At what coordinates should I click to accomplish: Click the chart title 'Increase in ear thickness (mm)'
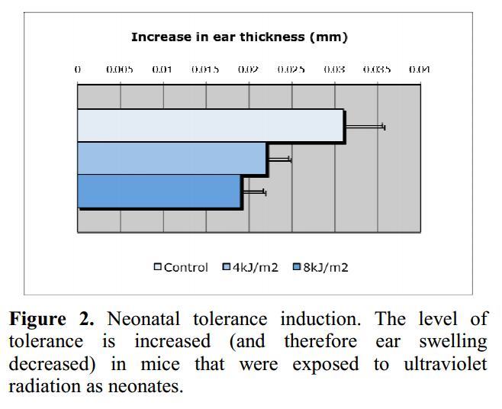pyautogui.click(x=239, y=37)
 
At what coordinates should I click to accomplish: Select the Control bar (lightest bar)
pyautogui.click(x=211, y=126)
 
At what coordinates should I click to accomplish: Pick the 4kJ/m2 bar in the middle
pyautogui.click(x=172, y=159)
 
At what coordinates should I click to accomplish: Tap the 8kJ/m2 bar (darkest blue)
pyautogui.click(x=159, y=191)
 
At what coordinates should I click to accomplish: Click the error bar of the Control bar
pyautogui.click(x=365, y=127)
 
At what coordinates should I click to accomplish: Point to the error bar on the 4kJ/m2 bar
pyautogui.click(x=279, y=159)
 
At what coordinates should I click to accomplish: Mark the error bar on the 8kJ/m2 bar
pyautogui.click(x=254, y=192)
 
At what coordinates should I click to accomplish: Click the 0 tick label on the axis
pyautogui.click(x=78, y=69)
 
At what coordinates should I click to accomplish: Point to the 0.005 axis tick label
pyautogui.click(x=120, y=69)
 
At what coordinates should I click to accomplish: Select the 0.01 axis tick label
pyautogui.click(x=162, y=69)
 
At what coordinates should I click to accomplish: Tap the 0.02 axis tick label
pyautogui.click(x=248, y=69)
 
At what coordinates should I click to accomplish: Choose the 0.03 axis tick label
pyautogui.click(x=334, y=69)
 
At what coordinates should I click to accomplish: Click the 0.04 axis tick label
pyautogui.click(x=420, y=69)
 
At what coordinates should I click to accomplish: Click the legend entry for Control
pyautogui.click(x=181, y=267)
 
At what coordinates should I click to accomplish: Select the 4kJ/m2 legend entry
pyautogui.click(x=250, y=267)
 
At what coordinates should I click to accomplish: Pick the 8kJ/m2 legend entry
pyautogui.click(x=320, y=267)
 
